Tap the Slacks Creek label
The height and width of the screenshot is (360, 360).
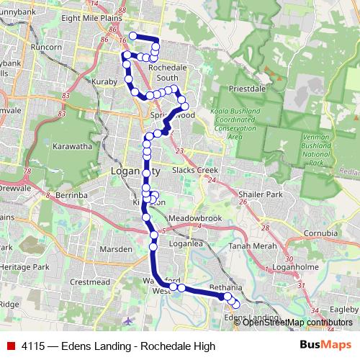[x=195, y=170]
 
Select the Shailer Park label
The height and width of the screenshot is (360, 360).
[x=263, y=194]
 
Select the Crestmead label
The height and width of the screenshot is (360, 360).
[x=89, y=282]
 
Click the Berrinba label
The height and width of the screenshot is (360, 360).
[x=71, y=194]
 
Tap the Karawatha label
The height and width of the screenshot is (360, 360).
[x=71, y=145]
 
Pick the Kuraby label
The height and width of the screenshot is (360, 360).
[x=104, y=82]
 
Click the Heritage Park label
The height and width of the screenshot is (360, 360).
[x=24, y=266]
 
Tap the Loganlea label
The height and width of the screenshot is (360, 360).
[x=181, y=244]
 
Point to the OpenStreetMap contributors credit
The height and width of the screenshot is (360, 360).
[x=297, y=323]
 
